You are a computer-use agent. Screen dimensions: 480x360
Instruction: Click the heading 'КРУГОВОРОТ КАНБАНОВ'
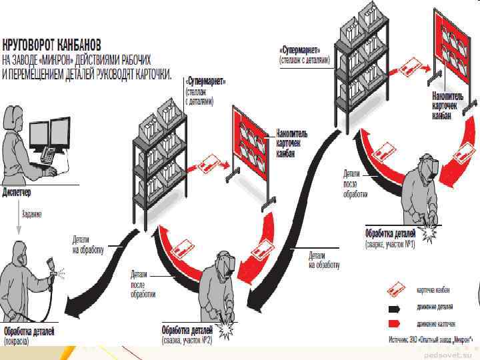click(52, 46)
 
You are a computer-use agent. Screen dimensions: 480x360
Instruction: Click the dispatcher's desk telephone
click(49, 156)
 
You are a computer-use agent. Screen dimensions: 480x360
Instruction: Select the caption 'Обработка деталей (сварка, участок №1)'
click(390, 239)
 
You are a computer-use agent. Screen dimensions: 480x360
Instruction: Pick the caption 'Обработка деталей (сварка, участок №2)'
click(187, 335)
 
